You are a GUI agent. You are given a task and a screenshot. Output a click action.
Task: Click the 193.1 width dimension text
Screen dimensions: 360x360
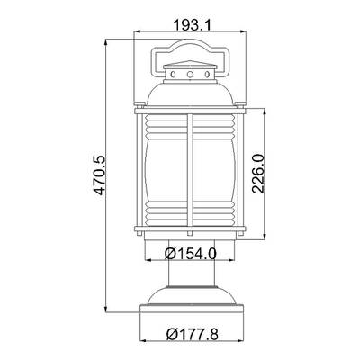193,25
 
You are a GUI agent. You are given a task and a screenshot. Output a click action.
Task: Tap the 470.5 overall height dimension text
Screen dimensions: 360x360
99,175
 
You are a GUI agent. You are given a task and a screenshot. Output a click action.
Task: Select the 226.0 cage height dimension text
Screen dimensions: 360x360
257,174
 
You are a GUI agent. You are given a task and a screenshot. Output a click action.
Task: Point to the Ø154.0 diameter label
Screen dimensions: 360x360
191,255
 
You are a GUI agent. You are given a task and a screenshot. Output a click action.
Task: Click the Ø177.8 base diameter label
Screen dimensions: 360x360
193,334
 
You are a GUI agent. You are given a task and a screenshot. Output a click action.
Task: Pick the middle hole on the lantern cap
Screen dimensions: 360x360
190,74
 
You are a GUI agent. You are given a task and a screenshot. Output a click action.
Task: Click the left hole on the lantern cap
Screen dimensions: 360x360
173,74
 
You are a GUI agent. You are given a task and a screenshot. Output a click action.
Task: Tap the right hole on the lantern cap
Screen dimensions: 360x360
207,74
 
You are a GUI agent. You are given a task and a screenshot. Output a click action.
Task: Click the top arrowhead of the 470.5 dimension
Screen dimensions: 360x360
106,42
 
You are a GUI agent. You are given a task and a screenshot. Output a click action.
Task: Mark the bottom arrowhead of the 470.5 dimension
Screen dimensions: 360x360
106,309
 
